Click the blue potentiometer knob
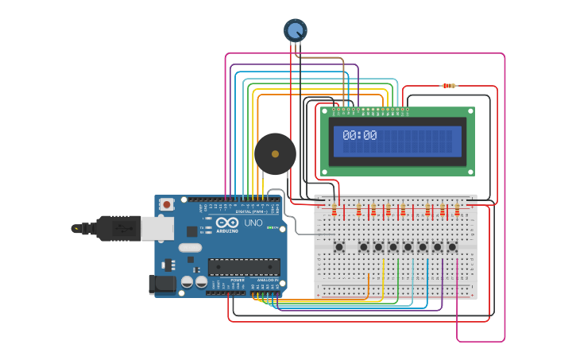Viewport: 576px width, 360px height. click(x=295, y=30)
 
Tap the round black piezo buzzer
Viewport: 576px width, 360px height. click(x=275, y=154)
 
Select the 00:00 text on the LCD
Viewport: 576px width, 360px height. click(x=359, y=136)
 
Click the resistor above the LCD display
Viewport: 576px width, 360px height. click(x=449, y=86)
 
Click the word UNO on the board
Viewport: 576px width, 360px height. click(x=253, y=223)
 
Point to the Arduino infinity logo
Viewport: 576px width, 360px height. click(x=226, y=223)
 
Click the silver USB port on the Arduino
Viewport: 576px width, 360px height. click(x=157, y=228)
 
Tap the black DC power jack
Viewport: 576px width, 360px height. click(x=161, y=284)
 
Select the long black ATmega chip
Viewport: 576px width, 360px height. click(x=243, y=266)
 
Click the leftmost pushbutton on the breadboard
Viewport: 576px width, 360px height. click(x=339, y=246)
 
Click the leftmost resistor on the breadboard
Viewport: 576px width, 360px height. click(x=334, y=210)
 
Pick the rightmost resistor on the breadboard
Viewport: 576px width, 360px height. click(x=457, y=210)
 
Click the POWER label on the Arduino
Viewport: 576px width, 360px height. click(x=237, y=281)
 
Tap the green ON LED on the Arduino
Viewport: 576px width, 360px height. click(x=270, y=228)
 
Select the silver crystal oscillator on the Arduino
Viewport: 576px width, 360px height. click(x=190, y=248)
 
